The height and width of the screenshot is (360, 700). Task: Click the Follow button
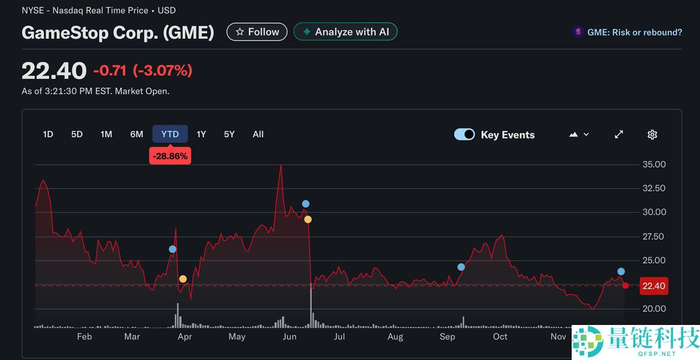pyautogui.click(x=257, y=32)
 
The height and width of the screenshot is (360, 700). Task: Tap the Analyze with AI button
pyautogui.click(x=345, y=32)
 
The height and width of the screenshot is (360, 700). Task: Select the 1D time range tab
pyautogui.click(x=48, y=134)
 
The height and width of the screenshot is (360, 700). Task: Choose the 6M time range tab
pyautogui.click(x=136, y=134)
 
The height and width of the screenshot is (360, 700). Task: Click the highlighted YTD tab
pyautogui.click(x=170, y=134)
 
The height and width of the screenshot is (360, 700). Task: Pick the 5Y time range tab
pyautogui.click(x=229, y=134)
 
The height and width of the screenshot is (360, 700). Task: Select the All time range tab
pyautogui.click(x=258, y=134)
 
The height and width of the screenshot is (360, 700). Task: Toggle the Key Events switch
pyautogui.click(x=464, y=135)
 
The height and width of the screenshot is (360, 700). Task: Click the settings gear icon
pyautogui.click(x=652, y=135)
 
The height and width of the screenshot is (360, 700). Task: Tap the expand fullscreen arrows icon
pyautogui.click(x=619, y=135)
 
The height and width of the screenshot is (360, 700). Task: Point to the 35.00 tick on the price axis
pyautogui.click(x=654, y=165)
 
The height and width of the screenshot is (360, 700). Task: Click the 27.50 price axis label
pyautogui.click(x=654, y=236)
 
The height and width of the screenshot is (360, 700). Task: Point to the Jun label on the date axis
pyautogui.click(x=289, y=337)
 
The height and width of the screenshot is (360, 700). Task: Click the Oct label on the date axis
pyautogui.click(x=500, y=337)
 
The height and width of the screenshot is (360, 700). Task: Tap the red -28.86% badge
pyautogui.click(x=170, y=156)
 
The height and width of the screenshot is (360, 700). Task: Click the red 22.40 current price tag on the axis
pyautogui.click(x=653, y=286)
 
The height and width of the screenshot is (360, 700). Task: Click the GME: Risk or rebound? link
pyautogui.click(x=634, y=33)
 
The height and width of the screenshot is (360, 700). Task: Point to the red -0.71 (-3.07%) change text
pyautogui.click(x=142, y=71)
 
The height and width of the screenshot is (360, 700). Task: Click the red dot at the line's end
pyautogui.click(x=625, y=285)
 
